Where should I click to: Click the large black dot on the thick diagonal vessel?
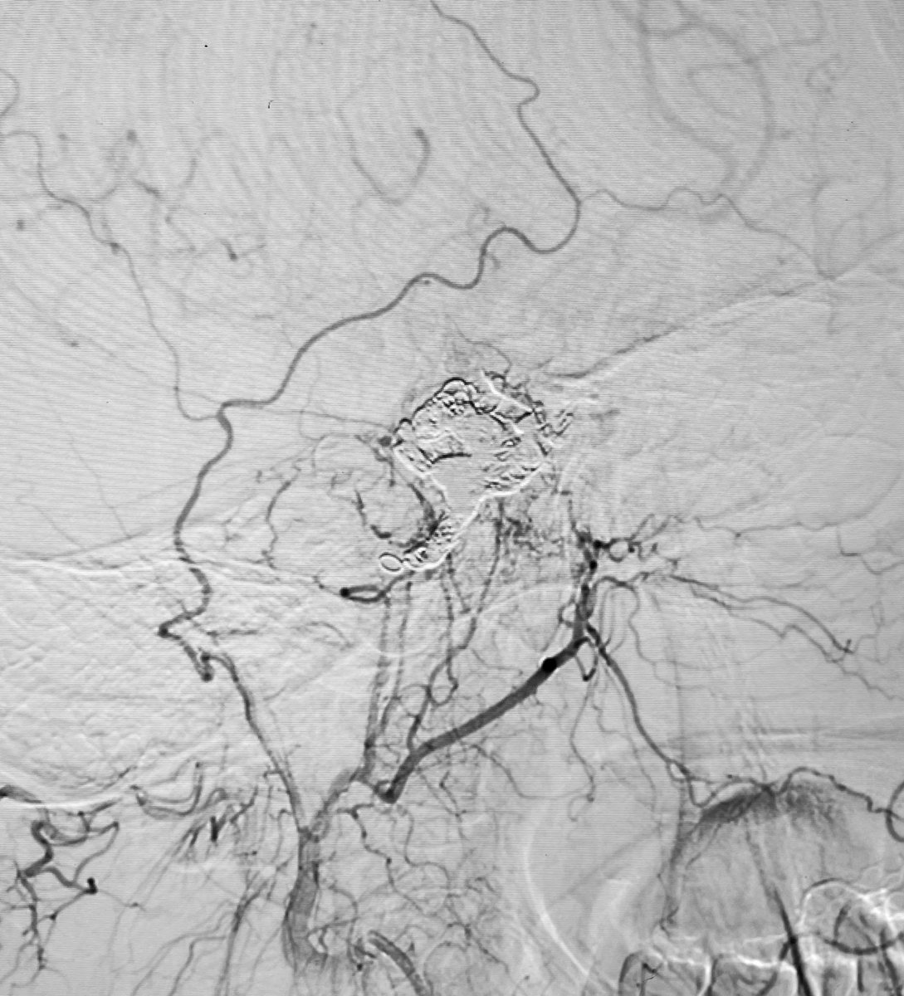tap(549, 663)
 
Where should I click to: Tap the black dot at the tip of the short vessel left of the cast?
tap(344, 592)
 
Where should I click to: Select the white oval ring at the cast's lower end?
tap(388, 562)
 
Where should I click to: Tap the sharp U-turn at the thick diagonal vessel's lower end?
tap(386, 795)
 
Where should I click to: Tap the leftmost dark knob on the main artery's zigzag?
tap(163, 631)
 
